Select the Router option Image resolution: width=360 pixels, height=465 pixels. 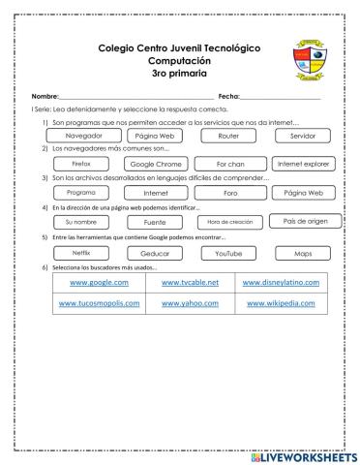click(x=229, y=136)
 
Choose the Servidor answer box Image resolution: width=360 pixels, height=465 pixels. click(x=303, y=136)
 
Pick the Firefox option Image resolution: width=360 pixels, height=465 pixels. click(x=80, y=165)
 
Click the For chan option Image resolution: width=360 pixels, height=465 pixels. click(x=229, y=165)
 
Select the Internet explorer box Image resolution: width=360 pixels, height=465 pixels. click(x=303, y=165)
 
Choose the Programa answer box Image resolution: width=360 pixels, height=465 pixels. click(x=80, y=193)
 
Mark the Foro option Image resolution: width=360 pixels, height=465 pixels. click(x=229, y=193)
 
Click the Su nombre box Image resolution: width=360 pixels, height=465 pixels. click(x=80, y=222)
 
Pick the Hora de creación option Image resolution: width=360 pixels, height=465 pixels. click(x=229, y=222)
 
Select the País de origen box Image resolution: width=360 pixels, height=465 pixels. click(x=303, y=221)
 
